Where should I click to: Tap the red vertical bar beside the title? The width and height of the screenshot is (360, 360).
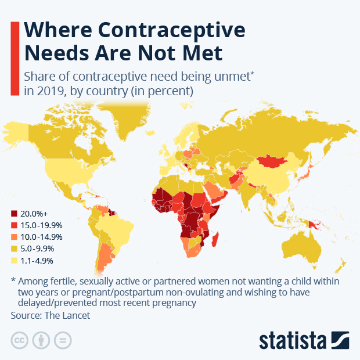coord(15,56)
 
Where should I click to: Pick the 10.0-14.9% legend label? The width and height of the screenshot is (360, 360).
coord(41,237)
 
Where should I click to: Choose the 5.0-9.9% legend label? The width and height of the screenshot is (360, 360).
coord(39,248)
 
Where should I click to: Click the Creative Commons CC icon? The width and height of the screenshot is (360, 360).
coord(20,340)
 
